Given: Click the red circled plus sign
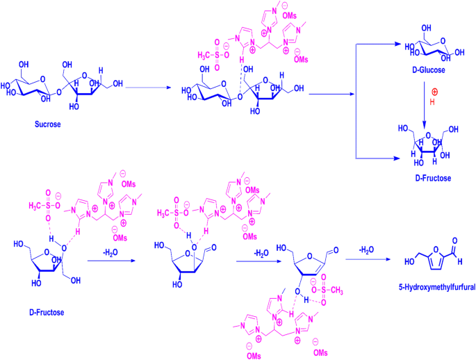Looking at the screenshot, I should click(435, 91).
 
